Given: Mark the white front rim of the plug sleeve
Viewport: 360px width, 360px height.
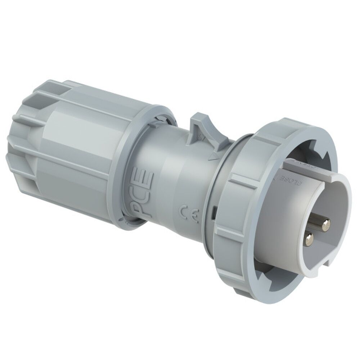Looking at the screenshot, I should (x=346, y=216).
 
